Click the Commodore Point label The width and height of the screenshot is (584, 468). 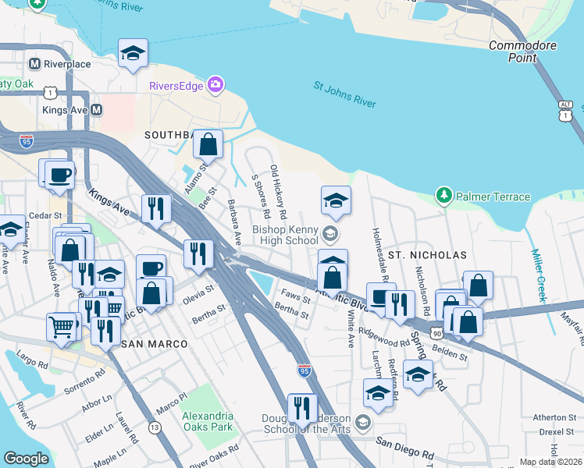pyautogui.click(x=523, y=51)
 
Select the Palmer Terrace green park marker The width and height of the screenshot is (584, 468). pyautogui.click(x=444, y=194)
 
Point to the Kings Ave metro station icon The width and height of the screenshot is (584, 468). pyautogui.click(x=96, y=110)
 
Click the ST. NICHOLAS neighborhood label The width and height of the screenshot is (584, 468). pyautogui.click(x=427, y=255)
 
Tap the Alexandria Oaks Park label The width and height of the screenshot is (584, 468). pyautogui.click(x=208, y=421)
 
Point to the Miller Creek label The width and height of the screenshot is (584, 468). pyautogui.click(x=538, y=275)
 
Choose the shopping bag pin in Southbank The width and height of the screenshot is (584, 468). pyautogui.click(x=208, y=144)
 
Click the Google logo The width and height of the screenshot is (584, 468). pyautogui.click(x=26, y=459)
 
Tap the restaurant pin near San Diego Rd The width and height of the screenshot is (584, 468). pyautogui.click(x=301, y=407)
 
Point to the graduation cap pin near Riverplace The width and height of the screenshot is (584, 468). pyautogui.click(x=133, y=53)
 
